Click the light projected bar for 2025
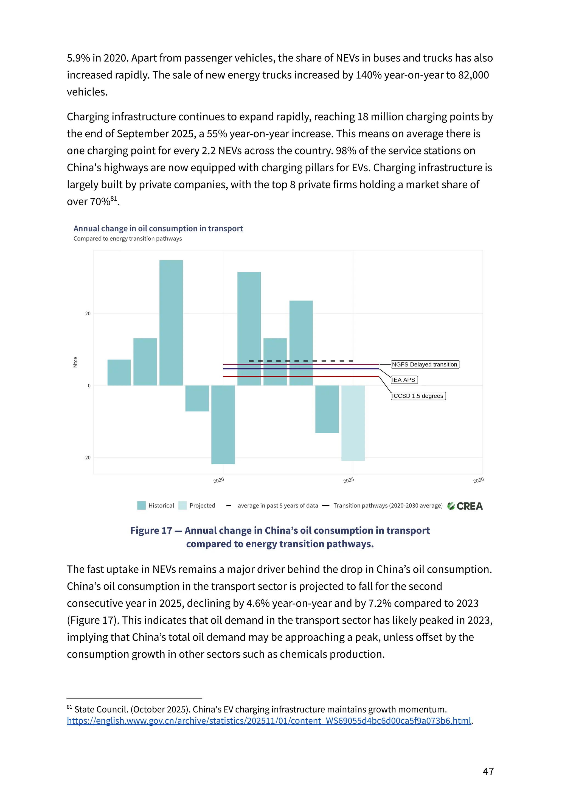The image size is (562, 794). tap(353, 423)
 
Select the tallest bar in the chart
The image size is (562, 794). tap(171, 322)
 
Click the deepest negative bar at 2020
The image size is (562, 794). tap(223, 425)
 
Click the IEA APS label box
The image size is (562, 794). tap(404, 380)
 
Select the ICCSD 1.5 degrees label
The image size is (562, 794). tap(418, 396)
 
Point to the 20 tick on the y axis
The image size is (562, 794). tap(88, 314)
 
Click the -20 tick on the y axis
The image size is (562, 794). tap(87, 458)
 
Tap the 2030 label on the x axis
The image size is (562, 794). tap(478, 480)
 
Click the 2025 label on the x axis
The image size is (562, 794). tap(349, 480)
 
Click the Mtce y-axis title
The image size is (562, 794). tap(75, 362)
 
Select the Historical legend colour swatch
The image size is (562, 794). tap(141, 505)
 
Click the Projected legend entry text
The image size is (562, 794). tap(202, 505)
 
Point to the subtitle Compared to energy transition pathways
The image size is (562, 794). tap(127, 239)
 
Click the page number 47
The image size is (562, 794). tap(488, 771)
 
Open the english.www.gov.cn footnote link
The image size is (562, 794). tap(269, 721)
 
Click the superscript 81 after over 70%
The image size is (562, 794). tap(114, 199)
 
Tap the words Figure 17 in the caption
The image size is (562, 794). tap(151, 530)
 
